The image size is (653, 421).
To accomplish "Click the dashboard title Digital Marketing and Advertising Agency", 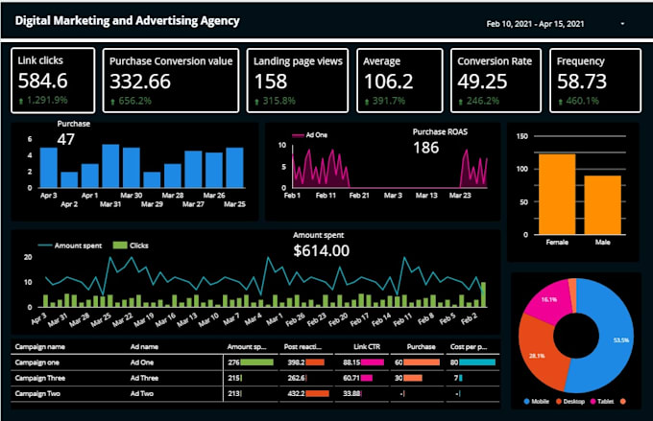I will coord(127,20).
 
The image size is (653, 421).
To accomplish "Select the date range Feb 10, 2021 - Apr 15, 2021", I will coord(535,22).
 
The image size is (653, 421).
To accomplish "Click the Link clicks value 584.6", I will coord(43,82).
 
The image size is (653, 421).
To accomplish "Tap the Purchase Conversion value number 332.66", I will coord(140,82).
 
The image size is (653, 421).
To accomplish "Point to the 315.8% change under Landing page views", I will coord(277,100).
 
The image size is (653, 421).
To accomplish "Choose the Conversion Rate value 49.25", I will coord(482,82).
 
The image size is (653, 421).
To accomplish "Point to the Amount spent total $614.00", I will coord(321,251).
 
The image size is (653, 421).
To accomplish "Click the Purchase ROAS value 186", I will coord(425,148).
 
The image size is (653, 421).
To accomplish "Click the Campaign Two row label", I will coord(39,393).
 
